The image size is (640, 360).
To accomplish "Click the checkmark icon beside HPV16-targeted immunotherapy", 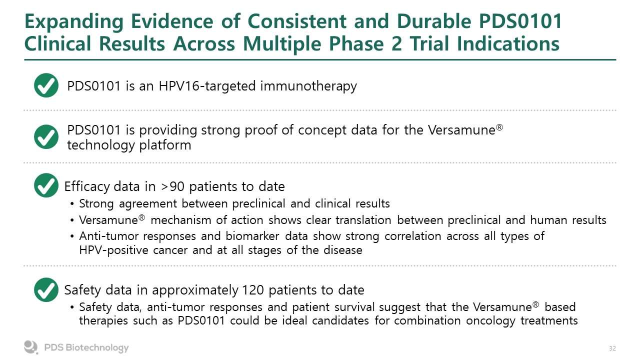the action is click(x=46, y=85).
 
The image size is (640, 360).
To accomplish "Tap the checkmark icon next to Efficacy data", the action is click(x=46, y=185).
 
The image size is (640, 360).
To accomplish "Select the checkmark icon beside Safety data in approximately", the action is click(x=46, y=289).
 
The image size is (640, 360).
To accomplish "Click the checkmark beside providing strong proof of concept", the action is click(x=46, y=137).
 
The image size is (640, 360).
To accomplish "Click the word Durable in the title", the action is click(x=434, y=21).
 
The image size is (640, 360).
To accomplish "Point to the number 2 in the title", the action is click(x=397, y=43).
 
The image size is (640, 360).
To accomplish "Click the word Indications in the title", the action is click(x=508, y=43).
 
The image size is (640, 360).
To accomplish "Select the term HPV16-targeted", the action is click(x=207, y=86).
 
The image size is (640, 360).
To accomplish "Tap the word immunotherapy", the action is click(x=308, y=86).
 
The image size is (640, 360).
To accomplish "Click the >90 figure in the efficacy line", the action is click(x=173, y=186).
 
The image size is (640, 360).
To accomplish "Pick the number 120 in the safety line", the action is click(x=253, y=290).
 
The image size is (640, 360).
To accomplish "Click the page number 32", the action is click(x=612, y=348).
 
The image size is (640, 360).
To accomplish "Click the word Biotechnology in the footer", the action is click(x=97, y=347).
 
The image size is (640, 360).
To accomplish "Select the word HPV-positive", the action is click(x=113, y=250).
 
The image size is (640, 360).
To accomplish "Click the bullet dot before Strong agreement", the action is click(x=72, y=204).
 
